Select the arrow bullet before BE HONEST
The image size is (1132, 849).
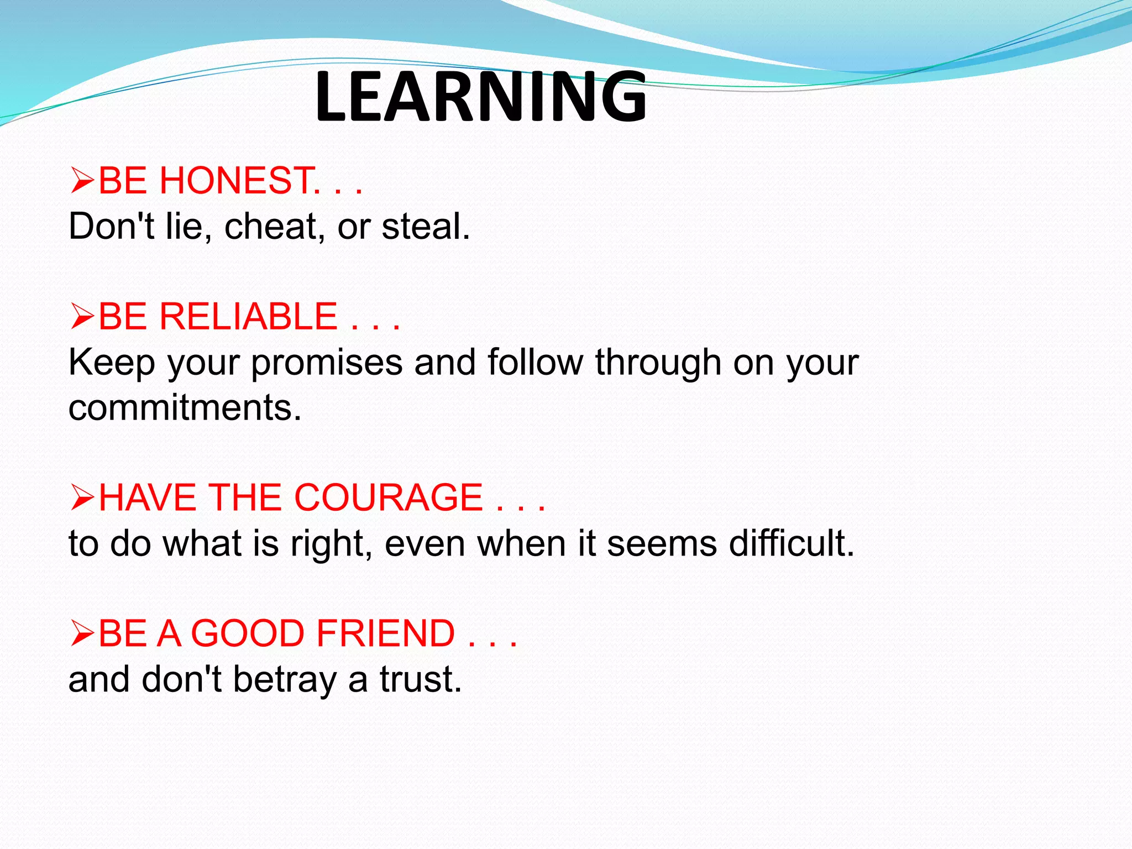point(82,181)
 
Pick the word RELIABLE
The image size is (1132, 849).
point(248,317)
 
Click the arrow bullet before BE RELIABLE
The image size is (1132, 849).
point(82,317)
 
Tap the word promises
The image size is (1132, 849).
point(327,363)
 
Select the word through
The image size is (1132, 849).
point(658,363)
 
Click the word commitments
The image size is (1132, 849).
point(185,408)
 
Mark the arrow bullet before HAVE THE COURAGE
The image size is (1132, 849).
point(82,497)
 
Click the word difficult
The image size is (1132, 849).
point(791,543)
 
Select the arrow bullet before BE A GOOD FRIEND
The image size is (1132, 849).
point(82,633)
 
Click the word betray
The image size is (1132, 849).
point(284,680)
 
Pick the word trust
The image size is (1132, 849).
point(420,679)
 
